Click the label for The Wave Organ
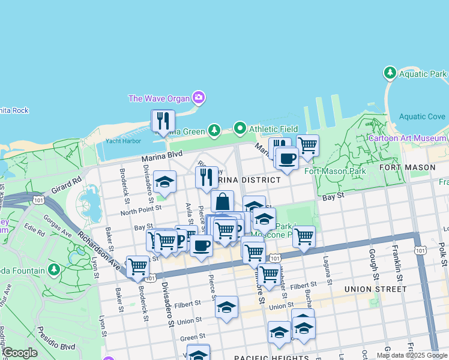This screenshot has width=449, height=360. click(158, 98)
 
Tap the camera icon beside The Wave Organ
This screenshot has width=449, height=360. click(199, 98)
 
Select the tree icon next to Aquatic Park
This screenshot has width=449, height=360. click(390, 73)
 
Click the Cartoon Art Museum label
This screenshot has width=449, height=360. click(407, 138)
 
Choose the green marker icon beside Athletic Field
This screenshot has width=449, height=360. click(240, 128)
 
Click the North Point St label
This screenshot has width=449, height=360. click(141, 209)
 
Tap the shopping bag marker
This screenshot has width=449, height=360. click(222, 202)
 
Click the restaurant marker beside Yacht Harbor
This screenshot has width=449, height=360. click(163, 121)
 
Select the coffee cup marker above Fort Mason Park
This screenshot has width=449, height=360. click(287, 158)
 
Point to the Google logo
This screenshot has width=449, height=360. click(20, 353)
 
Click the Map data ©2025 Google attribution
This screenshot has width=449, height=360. click(411, 355)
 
